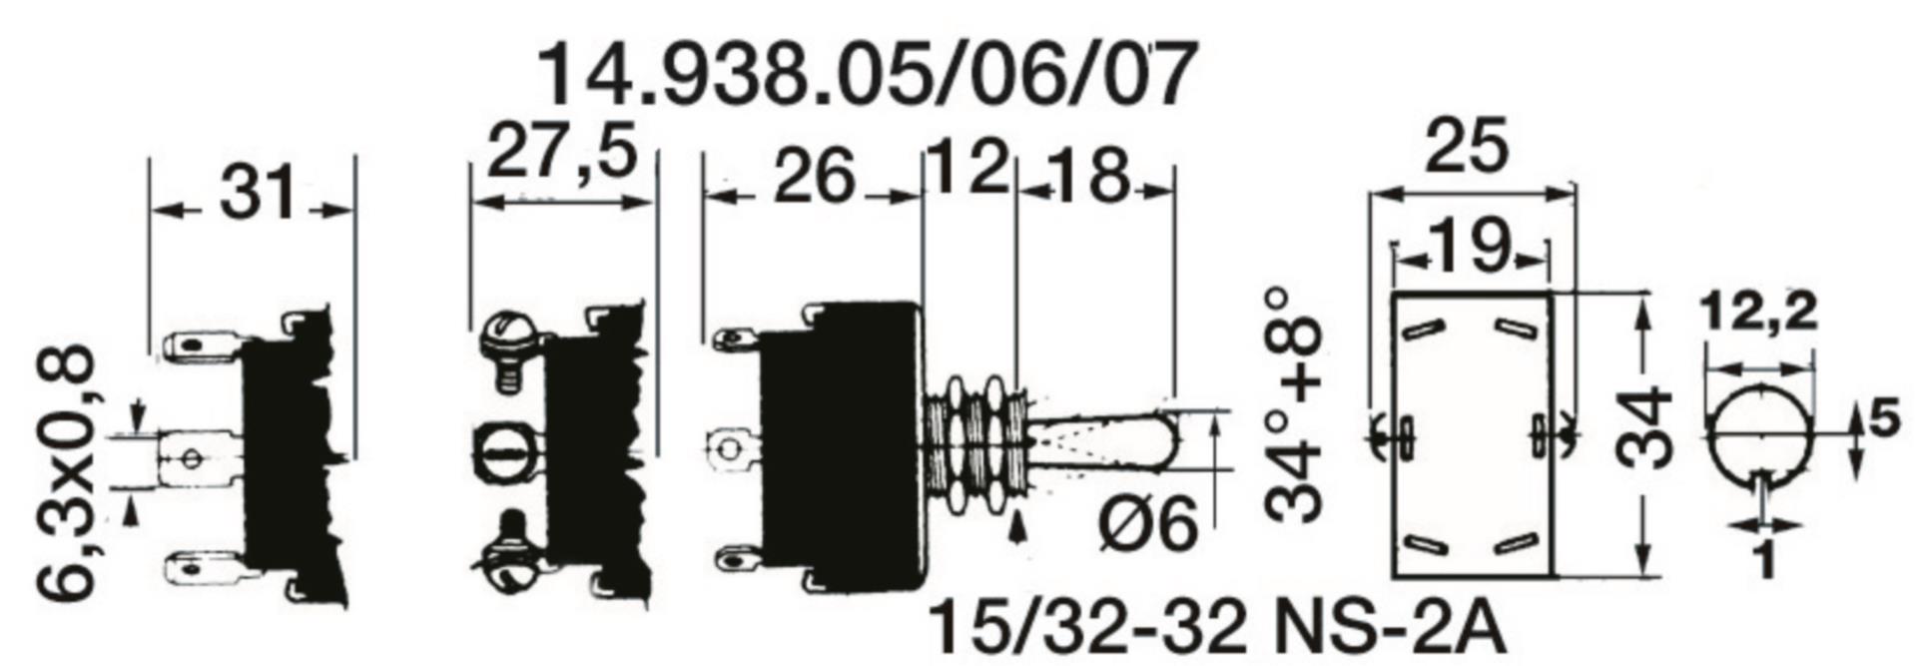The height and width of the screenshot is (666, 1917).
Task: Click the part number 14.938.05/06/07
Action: [x=867, y=74]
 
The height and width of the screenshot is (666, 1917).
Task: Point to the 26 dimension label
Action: [x=815, y=176]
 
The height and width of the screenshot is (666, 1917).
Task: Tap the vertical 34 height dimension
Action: [x=1642, y=427]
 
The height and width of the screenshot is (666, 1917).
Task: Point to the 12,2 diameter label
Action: [x=1760, y=313]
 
